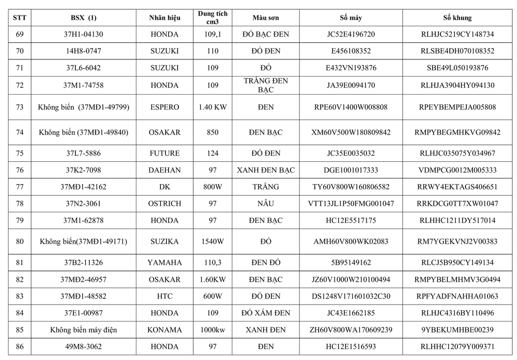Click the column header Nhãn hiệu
(x=165, y=18)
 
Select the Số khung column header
(x=458, y=18)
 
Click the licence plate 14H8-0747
(x=83, y=51)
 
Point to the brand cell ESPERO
(x=165, y=107)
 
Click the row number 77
(x=20, y=187)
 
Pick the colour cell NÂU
(x=266, y=204)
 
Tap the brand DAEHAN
(x=165, y=170)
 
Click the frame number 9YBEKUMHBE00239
(x=458, y=330)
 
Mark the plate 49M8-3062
(x=83, y=347)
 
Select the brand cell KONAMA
(x=165, y=330)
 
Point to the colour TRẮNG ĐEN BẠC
(x=266, y=85)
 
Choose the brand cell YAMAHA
(x=165, y=263)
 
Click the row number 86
(x=20, y=347)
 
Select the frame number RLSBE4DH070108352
(x=458, y=51)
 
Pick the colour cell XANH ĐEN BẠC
(x=266, y=170)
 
